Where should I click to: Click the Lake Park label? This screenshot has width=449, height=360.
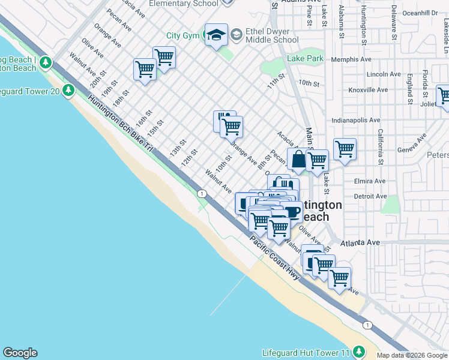coord(305,59)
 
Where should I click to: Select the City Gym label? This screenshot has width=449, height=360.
coord(182,36)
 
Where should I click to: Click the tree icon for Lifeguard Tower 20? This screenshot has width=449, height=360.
coord(68,90)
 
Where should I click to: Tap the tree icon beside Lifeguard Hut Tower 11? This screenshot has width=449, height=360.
coord(358,351)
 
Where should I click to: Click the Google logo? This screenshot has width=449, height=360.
coord(20,353)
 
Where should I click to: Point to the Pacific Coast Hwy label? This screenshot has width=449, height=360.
coord(275,257)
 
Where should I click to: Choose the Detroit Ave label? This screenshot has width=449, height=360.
coord(370,196)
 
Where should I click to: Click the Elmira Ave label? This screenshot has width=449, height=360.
coord(370,181)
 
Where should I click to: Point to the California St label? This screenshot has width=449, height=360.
coord(380,147)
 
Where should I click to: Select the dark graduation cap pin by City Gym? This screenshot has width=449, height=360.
coord(215,35)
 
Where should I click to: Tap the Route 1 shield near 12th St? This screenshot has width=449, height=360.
coord(202,193)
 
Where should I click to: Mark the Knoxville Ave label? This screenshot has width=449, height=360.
coord(366,90)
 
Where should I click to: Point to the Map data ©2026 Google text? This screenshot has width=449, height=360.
coord(412,355)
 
